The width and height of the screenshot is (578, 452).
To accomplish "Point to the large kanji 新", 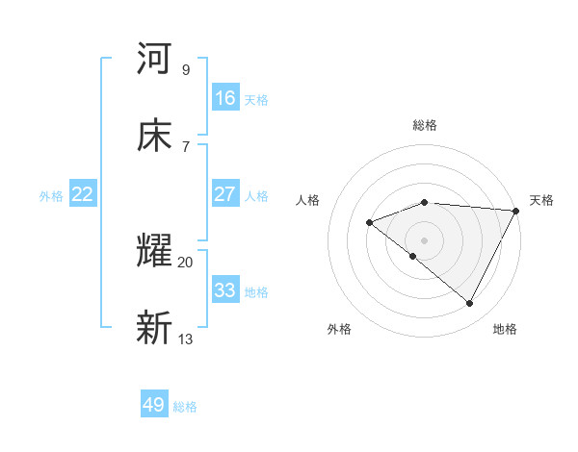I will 154,329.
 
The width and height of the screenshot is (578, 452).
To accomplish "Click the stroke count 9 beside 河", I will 186,69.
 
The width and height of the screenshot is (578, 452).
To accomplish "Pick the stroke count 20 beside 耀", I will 185,262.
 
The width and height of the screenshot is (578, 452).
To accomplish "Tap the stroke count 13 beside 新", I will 186,339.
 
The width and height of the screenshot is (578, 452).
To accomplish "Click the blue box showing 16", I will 225,98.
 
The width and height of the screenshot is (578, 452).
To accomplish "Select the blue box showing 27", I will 225,194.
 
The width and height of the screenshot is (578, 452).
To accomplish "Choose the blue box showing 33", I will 225,290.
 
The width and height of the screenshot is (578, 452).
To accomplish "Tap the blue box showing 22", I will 83,194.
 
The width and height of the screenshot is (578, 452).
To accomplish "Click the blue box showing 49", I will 154,405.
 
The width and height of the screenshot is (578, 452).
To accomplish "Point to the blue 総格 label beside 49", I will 185,407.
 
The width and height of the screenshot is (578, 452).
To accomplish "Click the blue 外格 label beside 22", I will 51,196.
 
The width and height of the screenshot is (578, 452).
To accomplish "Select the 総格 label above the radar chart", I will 425,125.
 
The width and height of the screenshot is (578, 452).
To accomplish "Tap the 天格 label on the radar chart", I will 541,200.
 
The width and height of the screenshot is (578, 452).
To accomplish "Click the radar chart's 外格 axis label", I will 339,329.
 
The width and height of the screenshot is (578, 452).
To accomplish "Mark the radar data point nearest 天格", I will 517,211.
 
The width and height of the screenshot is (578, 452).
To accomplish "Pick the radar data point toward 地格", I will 470,304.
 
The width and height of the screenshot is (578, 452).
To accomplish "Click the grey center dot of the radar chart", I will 425,239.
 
